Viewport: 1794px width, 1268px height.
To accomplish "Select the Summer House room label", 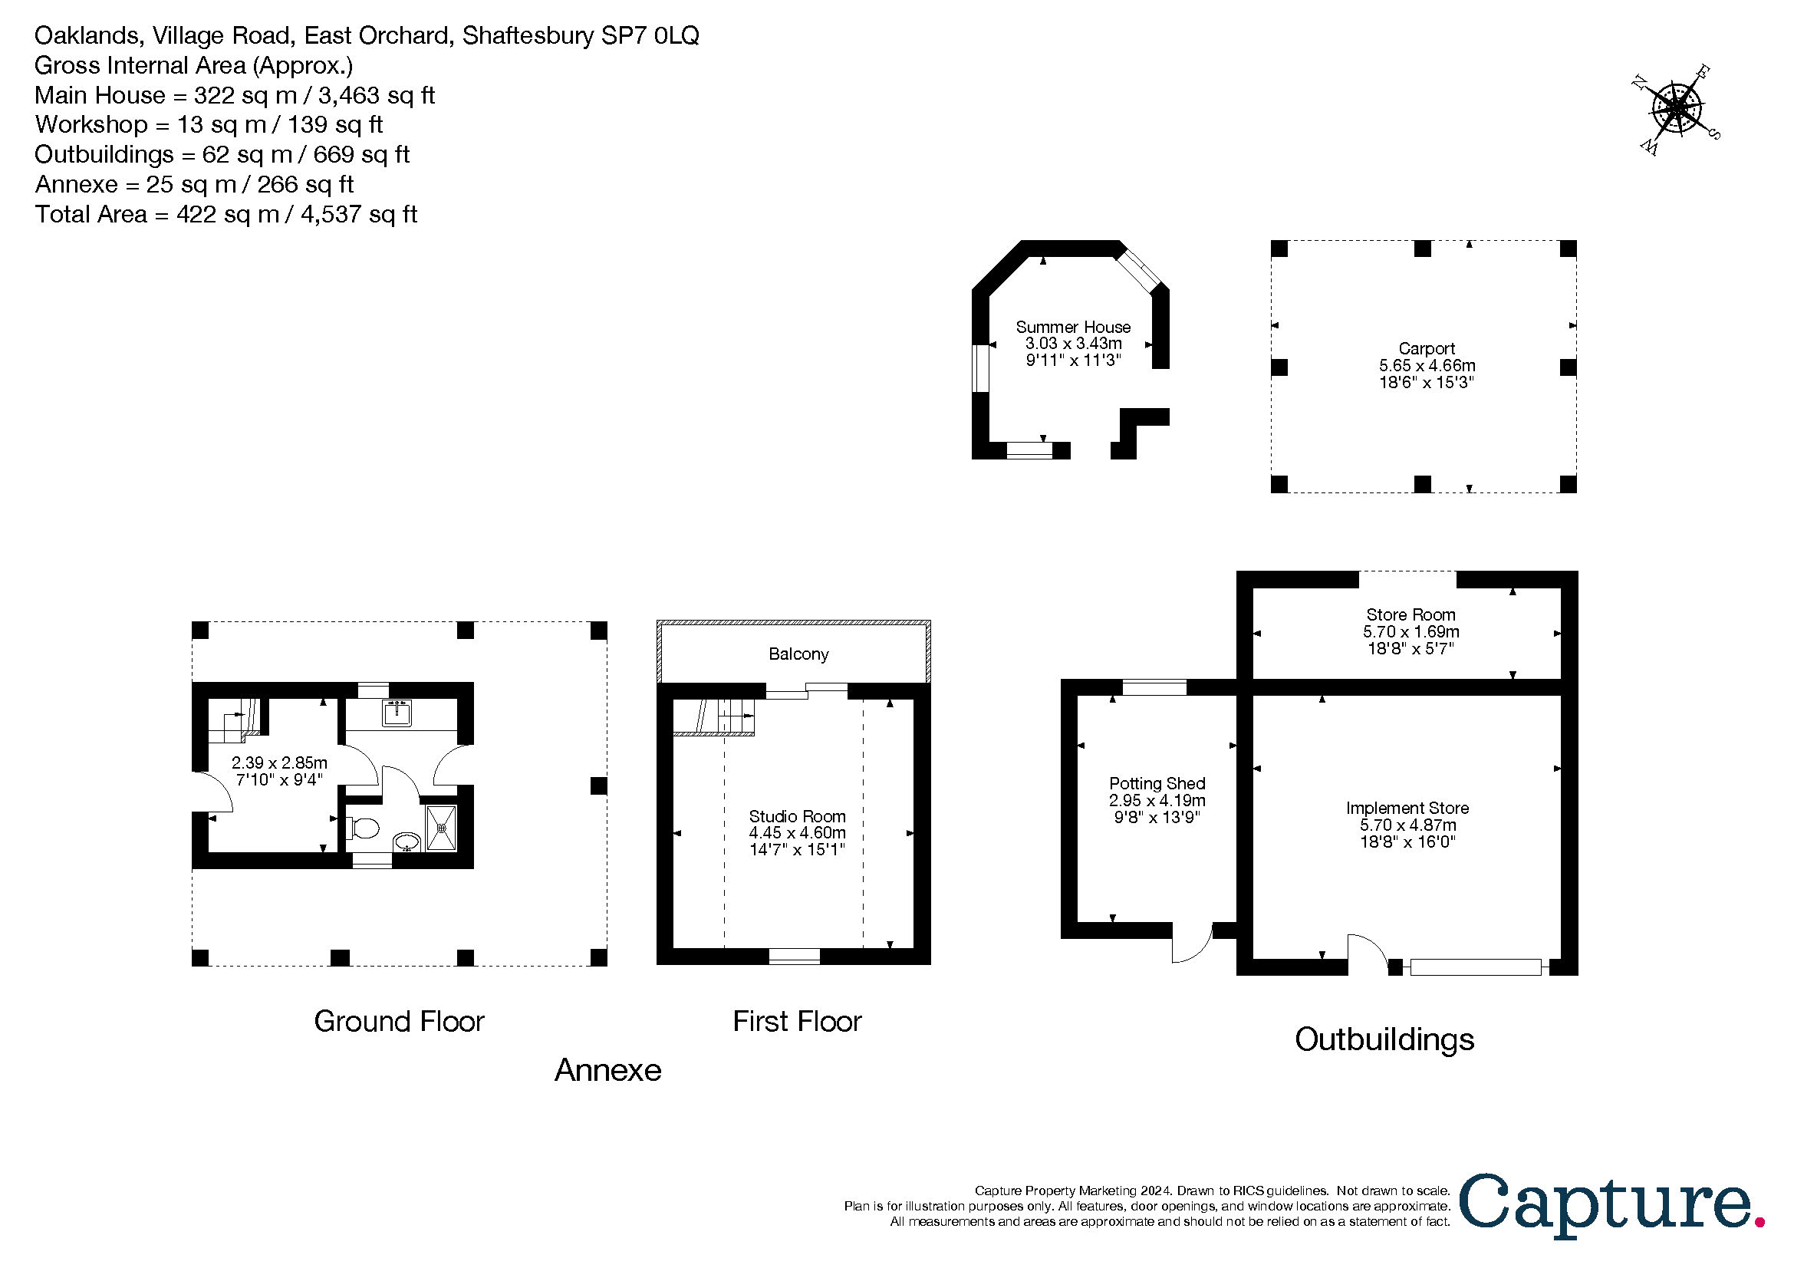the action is coord(1073,328).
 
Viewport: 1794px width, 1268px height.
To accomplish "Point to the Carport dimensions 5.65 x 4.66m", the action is coord(1427,366).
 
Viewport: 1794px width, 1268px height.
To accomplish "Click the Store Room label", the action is coord(1411,615).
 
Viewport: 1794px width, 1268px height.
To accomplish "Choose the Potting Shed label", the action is coord(1157,784).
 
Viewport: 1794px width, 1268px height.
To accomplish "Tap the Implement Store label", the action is coord(1407,808).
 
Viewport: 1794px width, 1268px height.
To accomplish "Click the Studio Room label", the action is coord(797,816).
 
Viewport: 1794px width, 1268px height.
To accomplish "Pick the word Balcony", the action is coord(798,654).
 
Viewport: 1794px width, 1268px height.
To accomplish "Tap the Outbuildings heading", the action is coord(1384,1040).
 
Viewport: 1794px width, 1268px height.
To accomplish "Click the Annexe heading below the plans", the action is coord(608,1070).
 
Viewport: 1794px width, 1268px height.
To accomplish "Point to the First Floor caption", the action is coord(797,1022).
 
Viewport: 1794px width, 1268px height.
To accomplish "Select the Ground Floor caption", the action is coord(400,1022).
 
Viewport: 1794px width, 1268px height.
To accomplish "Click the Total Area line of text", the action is coord(225,214).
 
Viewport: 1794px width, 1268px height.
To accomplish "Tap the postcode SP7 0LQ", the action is coord(650,36).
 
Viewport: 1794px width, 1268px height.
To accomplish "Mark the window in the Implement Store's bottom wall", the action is coord(1475,967).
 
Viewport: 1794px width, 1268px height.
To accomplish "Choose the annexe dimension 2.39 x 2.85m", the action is coord(279,762).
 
